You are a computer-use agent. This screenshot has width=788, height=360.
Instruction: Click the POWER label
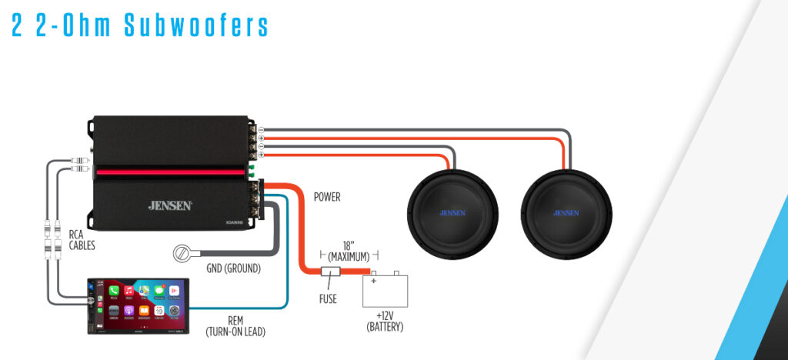click(327, 197)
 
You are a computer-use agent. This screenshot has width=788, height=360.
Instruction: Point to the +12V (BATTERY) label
click(385, 321)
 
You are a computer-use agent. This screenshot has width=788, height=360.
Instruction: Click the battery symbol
click(385, 288)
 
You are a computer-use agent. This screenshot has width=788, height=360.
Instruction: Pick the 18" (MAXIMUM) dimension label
click(349, 249)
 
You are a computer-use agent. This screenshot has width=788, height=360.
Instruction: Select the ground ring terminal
click(184, 252)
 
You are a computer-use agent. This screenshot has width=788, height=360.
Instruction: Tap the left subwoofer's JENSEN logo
click(451, 212)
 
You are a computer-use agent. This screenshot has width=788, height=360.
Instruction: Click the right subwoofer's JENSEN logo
click(566, 212)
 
